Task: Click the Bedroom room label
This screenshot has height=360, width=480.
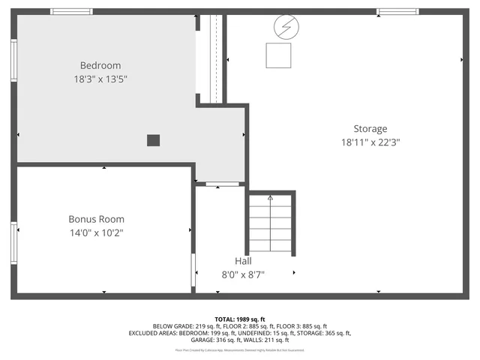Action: click(100, 65)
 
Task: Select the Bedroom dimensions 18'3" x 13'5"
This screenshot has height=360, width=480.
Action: click(100, 79)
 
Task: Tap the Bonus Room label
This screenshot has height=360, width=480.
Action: click(96, 219)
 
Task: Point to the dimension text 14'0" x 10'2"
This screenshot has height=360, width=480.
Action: click(96, 232)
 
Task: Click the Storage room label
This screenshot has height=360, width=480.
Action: click(370, 128)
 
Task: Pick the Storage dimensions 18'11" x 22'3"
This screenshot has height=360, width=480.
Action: click(370, 142)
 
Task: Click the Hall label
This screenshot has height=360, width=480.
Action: click(243, 261)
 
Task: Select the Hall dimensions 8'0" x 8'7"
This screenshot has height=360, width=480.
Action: click(243, 274)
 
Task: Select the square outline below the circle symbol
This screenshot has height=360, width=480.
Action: click(279, 55)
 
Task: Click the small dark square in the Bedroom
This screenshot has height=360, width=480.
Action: click(153, 139)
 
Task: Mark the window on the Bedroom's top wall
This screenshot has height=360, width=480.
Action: click(72, 12)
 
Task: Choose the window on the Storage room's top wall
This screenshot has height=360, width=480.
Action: click(398, 12)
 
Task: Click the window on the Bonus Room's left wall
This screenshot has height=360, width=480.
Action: click(13, 240)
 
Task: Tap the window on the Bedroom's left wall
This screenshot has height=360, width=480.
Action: click(13, 59)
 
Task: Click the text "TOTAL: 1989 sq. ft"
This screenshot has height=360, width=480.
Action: click(240, 319)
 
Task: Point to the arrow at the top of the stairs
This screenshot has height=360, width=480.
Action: click(271, 198)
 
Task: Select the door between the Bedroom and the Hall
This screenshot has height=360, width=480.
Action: click(223, 183)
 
